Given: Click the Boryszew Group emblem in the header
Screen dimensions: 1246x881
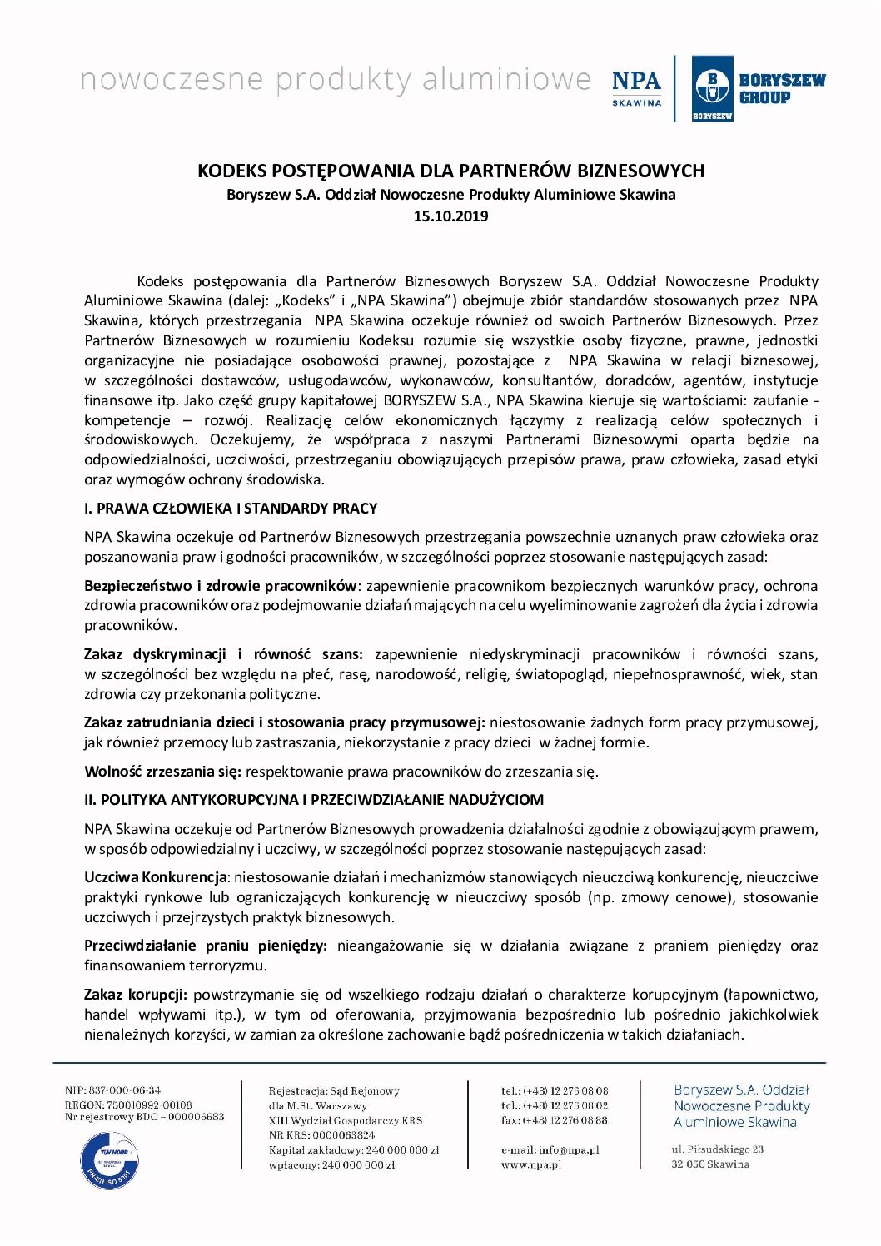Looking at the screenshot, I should point(712,88).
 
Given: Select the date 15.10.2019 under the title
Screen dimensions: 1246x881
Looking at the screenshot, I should point(450,216).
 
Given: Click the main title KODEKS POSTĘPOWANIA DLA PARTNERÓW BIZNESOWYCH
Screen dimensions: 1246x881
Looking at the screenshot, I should point(450,171).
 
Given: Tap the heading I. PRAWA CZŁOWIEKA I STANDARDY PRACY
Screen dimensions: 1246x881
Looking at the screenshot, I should point(231,509).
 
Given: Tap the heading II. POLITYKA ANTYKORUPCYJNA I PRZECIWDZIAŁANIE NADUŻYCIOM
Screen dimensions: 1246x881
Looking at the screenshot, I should point(314,800).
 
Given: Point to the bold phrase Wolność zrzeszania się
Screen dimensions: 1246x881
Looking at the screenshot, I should point(162,772).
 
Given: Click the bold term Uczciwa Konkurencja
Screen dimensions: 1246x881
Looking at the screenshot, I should point(156,877).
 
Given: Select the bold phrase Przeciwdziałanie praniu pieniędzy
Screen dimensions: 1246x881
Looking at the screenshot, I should point(205,946).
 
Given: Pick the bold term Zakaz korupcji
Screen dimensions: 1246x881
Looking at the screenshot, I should point(136,995).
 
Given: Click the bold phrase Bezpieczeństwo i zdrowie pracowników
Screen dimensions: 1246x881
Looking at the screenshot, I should point(220,586).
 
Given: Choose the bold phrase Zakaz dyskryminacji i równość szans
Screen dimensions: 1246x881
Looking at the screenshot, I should point(223,654).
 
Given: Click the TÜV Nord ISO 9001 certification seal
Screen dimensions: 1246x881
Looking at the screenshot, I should point(109,1159).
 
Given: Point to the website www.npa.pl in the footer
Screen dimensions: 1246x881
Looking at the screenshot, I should point(531,1164).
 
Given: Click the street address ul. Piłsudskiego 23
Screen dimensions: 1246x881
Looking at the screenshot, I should point(717,1149).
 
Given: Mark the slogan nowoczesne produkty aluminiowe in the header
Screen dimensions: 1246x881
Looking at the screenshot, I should point(335,80).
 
